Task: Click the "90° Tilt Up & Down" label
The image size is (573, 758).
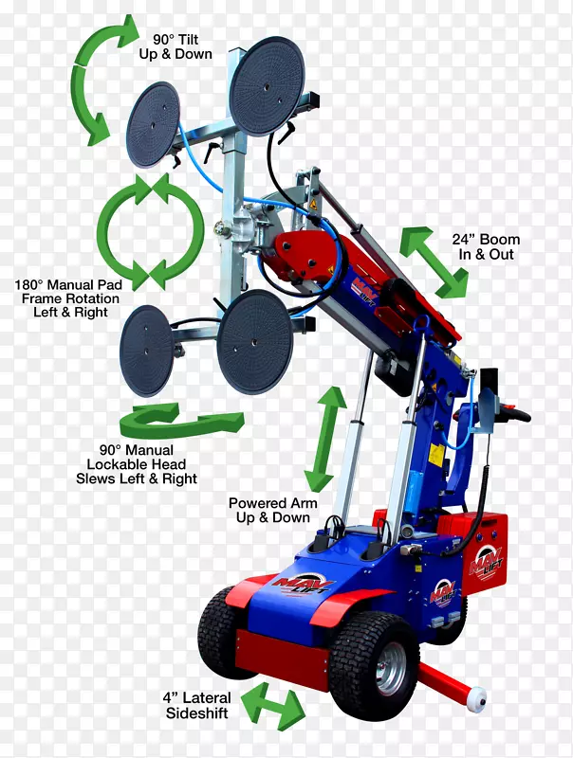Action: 176,46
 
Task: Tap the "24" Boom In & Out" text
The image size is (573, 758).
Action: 486,246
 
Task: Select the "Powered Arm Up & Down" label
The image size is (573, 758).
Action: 273,510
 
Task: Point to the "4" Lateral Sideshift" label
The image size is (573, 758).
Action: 197,705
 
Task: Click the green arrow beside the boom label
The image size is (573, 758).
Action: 434,262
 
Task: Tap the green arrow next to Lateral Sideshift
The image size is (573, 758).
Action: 273,706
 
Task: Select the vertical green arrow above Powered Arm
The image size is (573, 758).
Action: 325,439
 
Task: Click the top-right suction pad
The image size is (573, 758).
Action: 267,86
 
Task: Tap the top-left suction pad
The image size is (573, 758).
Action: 153,125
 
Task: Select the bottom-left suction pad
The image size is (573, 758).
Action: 146,350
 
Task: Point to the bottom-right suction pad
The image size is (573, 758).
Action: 254,342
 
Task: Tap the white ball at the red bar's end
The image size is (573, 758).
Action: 476,699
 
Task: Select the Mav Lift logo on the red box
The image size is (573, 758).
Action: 486,563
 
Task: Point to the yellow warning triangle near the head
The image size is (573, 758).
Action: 314,203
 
